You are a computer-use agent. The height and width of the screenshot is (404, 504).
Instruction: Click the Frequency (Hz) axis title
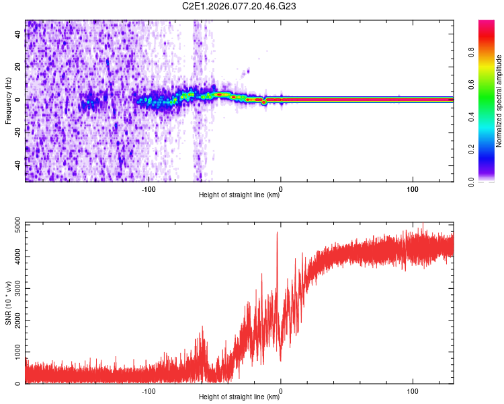[x=8, y=101]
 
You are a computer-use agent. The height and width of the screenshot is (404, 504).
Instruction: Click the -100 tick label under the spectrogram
[x=149, y=188]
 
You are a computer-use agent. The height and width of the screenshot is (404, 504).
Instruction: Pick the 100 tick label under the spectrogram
[x=413, y=188]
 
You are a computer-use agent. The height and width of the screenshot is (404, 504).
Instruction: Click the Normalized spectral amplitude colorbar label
[x=499, y=101]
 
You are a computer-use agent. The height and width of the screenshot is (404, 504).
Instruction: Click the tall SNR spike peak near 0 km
[x=277, y=232]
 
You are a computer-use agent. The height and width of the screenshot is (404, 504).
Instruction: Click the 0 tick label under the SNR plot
[x=281, y=390]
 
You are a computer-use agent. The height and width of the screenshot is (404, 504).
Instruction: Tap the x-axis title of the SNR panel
[x=239, y=397]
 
